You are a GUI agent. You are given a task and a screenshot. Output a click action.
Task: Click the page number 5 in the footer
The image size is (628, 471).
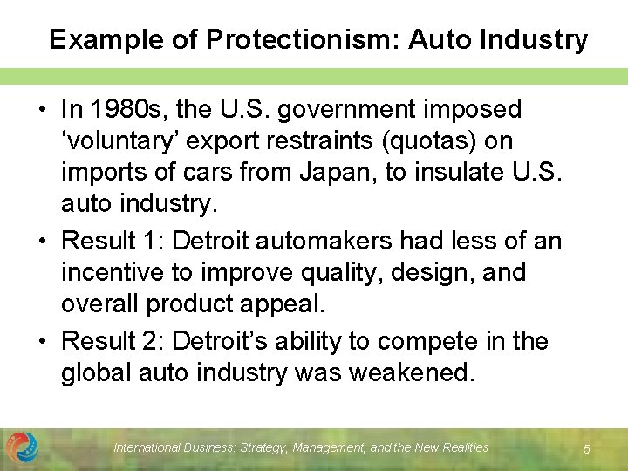tap(587, 448)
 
